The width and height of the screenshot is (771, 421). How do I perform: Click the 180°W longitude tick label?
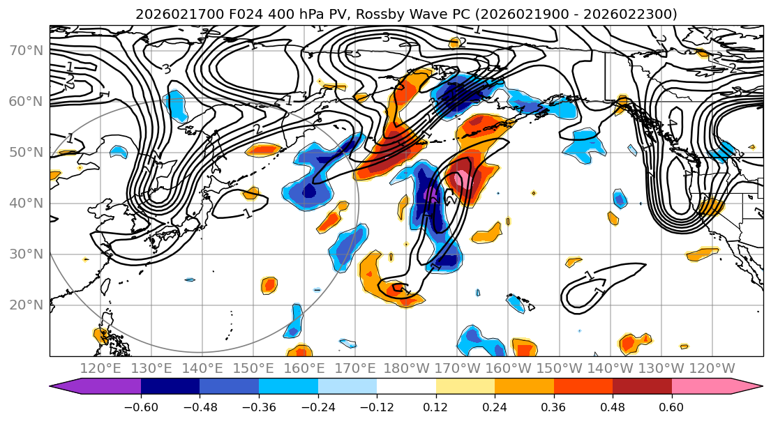click(x=406, y=368)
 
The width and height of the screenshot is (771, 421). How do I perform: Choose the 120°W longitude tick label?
click(x=712, y=368)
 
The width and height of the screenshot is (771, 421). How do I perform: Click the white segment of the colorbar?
click(x=406, y=387)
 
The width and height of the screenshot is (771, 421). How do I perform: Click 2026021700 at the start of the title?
click(x=168, y=14)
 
